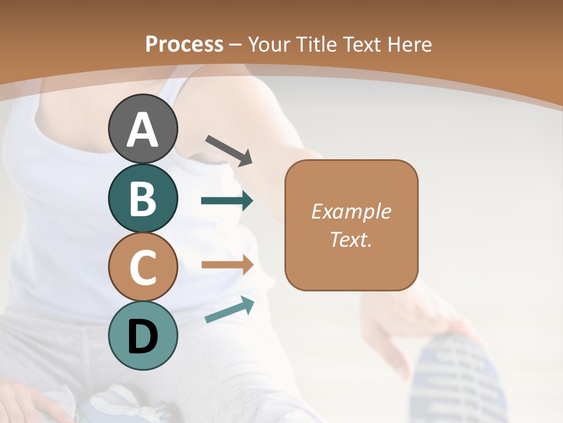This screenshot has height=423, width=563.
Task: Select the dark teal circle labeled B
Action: (x=143, y=198)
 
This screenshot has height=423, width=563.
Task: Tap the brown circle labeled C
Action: (x=143, y=267)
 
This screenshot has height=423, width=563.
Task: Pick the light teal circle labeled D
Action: (x=143, y=335)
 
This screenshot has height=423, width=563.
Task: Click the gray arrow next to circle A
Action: (x=229, y=150)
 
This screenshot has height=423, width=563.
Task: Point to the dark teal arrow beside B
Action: (x=227, y=201)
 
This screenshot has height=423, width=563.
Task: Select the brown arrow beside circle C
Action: (x=227, y=264)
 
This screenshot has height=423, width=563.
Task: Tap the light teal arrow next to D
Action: (x=229, y=310)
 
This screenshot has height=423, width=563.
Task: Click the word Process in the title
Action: (x=184, y=44)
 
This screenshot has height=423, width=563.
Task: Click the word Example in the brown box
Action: (x=351, y=211)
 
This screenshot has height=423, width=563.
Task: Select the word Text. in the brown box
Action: (x=351, y=239)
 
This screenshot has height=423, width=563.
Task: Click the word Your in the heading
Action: (x=269, y=44)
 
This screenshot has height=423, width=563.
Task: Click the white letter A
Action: (x=143, y=129)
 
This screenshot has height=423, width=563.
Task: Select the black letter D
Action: (x=143, y=336)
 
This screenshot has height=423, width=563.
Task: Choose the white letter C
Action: (x=143, y=267)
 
